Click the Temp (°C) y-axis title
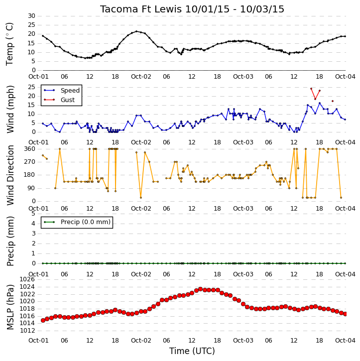9,44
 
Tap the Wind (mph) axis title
10,109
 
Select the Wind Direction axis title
10,175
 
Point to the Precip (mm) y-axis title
10,241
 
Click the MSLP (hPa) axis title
10,307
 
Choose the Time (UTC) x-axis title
192,351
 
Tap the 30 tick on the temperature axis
31,16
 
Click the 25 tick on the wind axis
31,87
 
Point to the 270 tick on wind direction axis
30,162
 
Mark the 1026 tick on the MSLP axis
28,279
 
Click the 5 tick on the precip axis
33,214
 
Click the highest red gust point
311,89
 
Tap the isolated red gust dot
333,101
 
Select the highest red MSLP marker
201,289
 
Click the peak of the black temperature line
136,31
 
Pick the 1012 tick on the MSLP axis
28,331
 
